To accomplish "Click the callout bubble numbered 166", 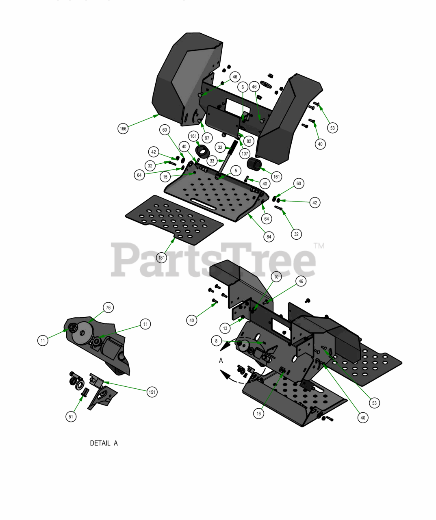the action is (123, 128).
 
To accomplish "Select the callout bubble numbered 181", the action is (161, 258).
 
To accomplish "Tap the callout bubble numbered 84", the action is (269, 236).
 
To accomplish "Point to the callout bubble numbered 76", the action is (108, 308).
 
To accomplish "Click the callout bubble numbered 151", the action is (152, 392).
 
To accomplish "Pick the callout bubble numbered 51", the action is (71, 417).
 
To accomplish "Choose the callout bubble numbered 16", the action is (258, 414).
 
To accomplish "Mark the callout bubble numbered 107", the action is (245, 154).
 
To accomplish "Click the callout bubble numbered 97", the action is (207, 138).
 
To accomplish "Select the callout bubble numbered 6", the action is (243, 87).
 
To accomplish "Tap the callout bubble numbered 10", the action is (276, 277).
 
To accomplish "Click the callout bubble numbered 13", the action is (225, 328).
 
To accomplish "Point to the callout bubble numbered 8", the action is (216, 341).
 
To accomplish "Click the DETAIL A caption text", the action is (104, 443).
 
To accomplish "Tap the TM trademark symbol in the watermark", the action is (319, 246).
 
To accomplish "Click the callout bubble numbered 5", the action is (236, 171).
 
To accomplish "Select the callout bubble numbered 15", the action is (165, 177).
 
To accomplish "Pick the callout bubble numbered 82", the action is (249, 141).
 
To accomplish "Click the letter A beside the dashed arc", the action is (221, 360).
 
